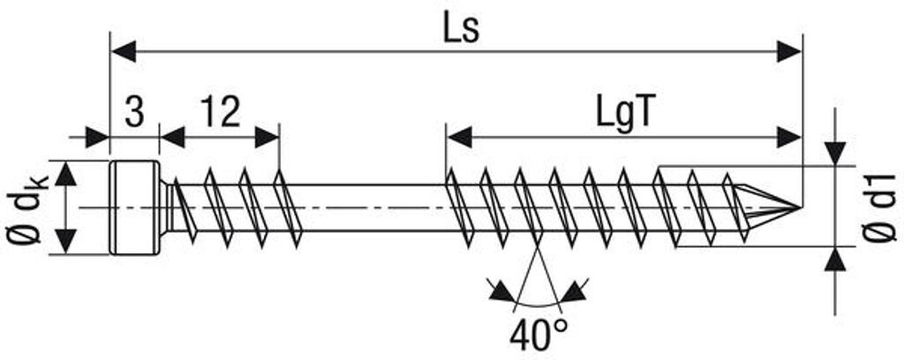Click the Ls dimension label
click(x=460, y=29)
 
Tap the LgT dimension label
click(x=623, y=114)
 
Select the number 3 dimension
click(x=134, y=112)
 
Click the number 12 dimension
click(x=220, y=112)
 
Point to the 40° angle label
click(x=539, y=334)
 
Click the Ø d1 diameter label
click(x=877, y=208)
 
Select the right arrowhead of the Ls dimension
click(x=789, y=51)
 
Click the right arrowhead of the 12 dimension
click(x=267, y=137)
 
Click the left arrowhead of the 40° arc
click(x=500, y=289)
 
